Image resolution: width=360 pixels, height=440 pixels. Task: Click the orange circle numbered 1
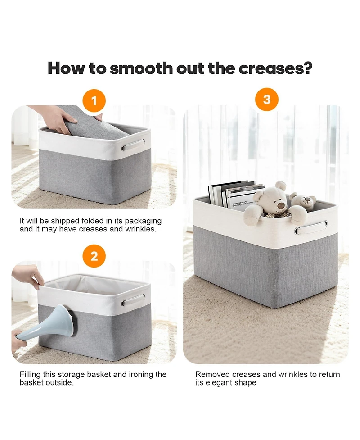(94, 100)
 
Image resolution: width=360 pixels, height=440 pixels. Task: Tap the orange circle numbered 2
(94, 256)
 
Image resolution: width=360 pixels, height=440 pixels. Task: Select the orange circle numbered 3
(267, 100)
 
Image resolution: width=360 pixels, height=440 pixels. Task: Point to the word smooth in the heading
(141, 68)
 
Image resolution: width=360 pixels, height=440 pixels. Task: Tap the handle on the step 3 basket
(311, 228)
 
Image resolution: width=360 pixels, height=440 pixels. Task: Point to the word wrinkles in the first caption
(143, 229)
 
